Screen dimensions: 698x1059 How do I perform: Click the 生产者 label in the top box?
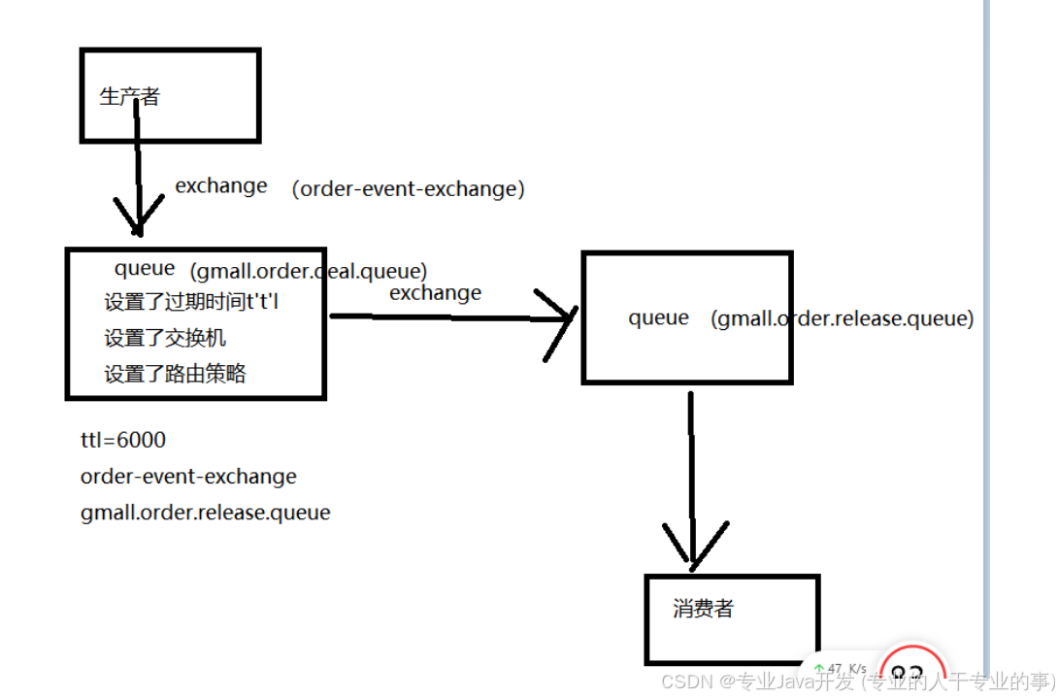129,96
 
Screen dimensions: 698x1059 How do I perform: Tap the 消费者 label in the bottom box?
704,609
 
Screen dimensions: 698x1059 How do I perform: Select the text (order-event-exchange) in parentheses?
408,189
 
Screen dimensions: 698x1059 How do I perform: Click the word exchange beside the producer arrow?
221,185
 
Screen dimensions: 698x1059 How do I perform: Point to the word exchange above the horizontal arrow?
435,292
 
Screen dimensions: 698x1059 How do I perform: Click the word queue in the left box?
145,269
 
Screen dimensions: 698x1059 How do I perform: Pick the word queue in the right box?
658,317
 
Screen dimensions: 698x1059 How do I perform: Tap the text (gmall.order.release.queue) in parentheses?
842,318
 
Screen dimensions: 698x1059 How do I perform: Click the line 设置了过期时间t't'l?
197,302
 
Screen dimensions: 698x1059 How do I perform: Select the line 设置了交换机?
165,338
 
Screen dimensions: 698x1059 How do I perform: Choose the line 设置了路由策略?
175,374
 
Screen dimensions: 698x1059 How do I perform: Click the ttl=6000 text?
123,440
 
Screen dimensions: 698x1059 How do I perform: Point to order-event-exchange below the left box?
188,477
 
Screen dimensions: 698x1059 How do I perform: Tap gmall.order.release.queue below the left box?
205,513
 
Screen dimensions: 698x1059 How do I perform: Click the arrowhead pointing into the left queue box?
138,221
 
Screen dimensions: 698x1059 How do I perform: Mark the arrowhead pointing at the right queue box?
563,316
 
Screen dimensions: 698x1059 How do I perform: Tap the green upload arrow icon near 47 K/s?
818,669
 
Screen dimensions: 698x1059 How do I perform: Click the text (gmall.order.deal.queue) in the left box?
309,271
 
